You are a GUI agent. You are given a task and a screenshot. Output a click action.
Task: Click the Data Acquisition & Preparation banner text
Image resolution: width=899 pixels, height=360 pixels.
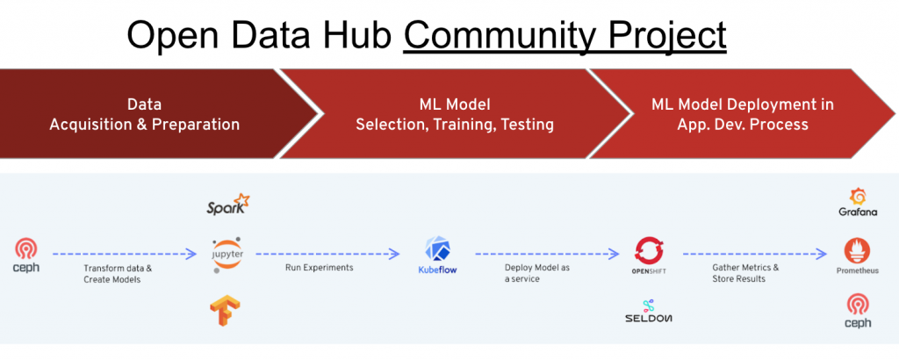click(x=144, y=114)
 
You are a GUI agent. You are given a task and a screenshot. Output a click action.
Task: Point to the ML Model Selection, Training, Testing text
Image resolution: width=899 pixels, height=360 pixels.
click(x=455, y=114)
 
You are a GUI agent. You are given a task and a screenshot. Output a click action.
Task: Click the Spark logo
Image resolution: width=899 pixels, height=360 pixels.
click(x=227, y=207)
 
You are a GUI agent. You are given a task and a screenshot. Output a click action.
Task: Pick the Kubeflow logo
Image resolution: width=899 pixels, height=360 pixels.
click(x=436, y=254)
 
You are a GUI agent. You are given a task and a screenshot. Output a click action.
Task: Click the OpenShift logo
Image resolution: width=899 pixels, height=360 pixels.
click(x=650, y=254)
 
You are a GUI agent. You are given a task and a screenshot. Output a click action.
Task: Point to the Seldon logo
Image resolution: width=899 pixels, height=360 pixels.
click(x=650, y=311)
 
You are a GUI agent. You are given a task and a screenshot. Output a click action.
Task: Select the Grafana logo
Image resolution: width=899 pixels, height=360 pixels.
click(x=857, y=201)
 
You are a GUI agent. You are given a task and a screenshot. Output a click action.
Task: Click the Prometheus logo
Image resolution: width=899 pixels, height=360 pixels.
click(x=857, y=255)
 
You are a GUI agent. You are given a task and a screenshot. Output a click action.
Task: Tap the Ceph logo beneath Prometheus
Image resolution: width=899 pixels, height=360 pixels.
click(x=857, y=311)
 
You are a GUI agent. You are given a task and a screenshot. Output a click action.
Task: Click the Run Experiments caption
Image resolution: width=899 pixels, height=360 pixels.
click(x=320, y=268)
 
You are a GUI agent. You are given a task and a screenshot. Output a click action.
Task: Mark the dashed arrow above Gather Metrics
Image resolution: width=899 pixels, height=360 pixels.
click(x=755, y=254)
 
